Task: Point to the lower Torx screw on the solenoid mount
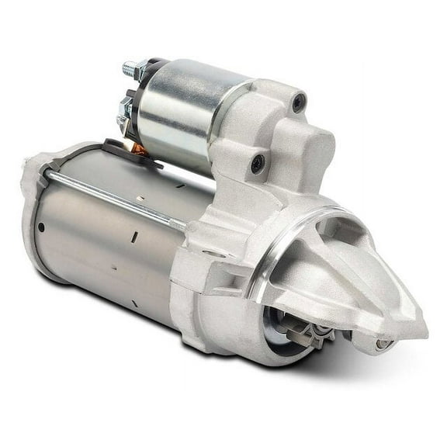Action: pyautogui.click(x=258, y=163)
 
